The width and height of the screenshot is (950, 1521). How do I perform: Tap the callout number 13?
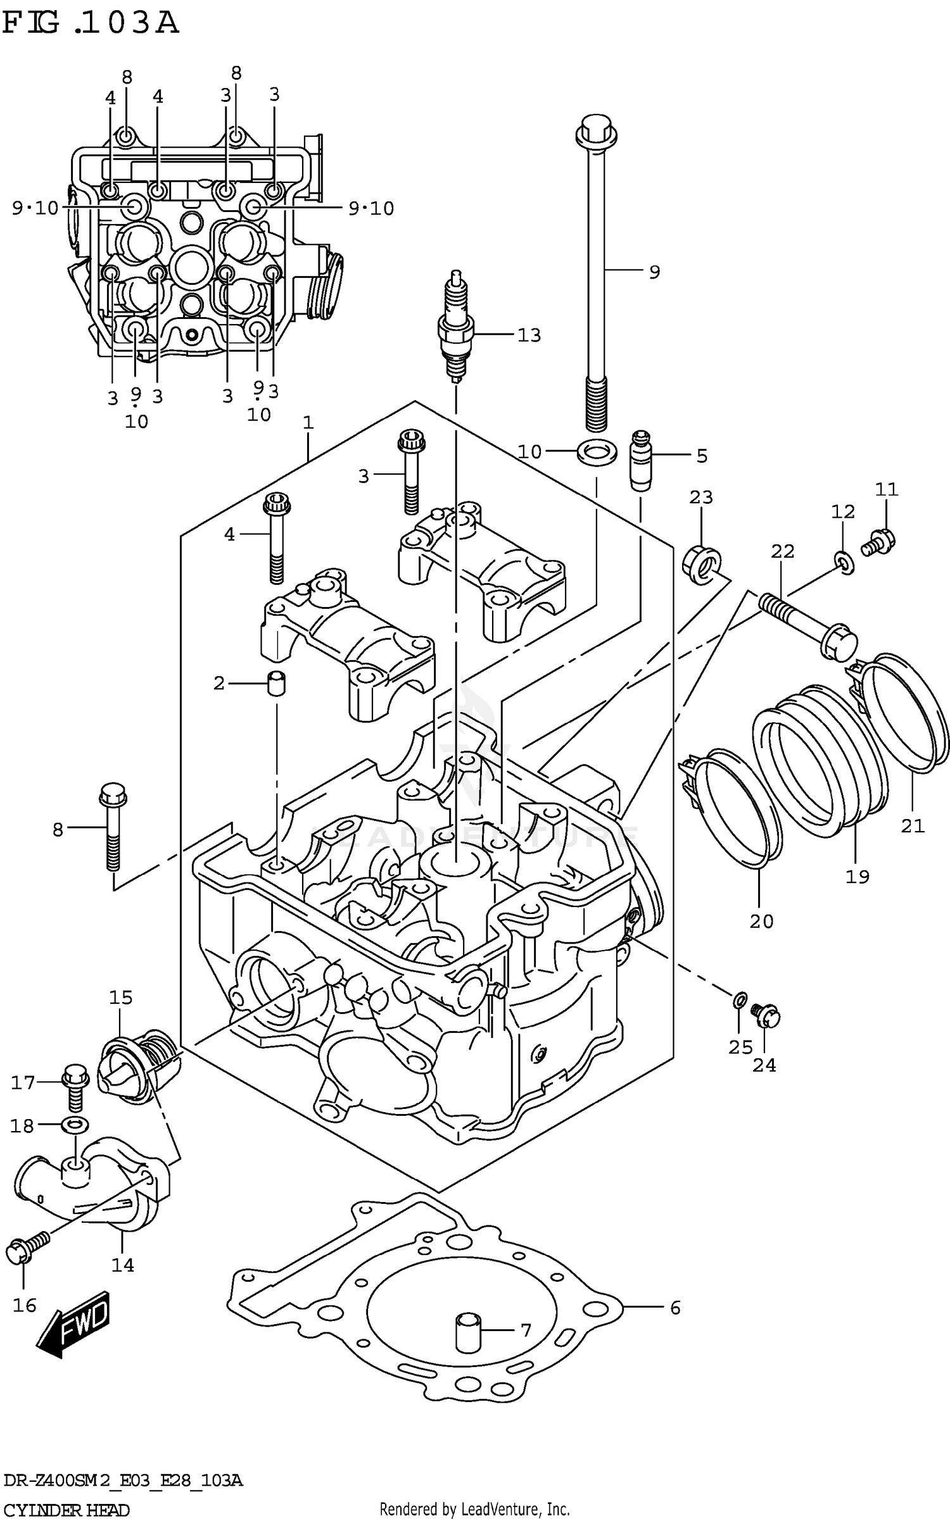[x=529, y=335]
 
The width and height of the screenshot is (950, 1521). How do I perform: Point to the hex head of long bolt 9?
[x=596, y=130]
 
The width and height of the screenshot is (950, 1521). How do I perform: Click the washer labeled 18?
[x=75, y=1125]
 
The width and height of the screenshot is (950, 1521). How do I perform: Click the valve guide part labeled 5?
[x=640, y=459]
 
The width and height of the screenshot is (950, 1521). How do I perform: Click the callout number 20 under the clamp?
[x=761, y=921]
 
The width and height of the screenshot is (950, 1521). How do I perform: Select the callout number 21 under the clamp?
[x=913, y=825]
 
